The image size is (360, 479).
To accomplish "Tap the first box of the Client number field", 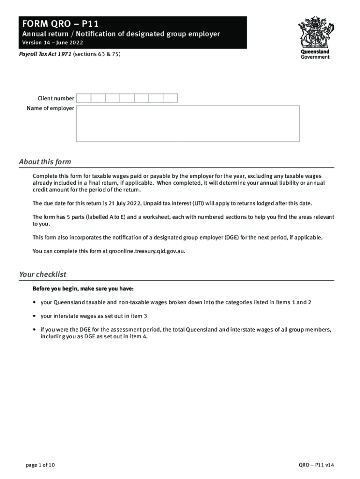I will (84, 98).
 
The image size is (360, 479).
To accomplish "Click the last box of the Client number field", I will (171, 98).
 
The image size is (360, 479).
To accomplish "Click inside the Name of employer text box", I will (188, 123).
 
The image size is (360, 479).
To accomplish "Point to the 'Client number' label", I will (56, 98).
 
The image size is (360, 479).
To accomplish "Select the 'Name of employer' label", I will (50, 109).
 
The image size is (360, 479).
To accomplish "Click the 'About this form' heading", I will (45, 162).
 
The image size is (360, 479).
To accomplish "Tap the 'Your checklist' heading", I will (43, 274).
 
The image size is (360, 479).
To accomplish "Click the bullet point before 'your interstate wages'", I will (35, 316).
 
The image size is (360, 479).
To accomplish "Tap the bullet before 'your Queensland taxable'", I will (35, 302).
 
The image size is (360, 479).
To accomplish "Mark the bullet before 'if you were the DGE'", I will (35, 329).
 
